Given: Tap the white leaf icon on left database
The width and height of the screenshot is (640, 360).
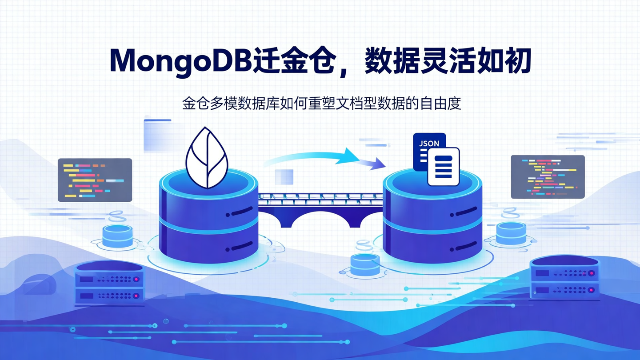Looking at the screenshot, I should click(x=207, y=158).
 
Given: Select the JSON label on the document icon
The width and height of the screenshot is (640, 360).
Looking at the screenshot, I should click(x=429, y=144).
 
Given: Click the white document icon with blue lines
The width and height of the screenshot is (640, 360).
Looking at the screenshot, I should click(x=443, y=166).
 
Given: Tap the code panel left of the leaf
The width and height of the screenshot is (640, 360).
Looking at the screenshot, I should click(x=95, y=180).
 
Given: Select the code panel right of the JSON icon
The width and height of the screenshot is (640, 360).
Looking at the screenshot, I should click(x=548, y=176).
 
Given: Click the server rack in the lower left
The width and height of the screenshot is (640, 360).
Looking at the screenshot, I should click(x=109, y=283).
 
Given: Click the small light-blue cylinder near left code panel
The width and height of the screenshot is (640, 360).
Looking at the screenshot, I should click(x=117, y=236).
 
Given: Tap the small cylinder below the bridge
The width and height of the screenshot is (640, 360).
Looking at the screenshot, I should click(x=365, y=264).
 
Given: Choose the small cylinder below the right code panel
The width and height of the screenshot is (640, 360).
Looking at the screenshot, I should click(x=511, y=233).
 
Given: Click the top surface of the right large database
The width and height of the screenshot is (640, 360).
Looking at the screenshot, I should click(x=432, y=182).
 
